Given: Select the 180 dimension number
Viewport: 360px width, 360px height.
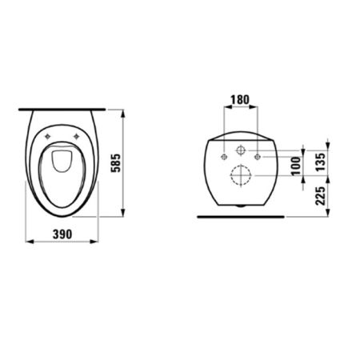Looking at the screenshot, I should click(238, 102).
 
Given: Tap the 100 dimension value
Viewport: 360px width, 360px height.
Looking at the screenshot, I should click(296, 166).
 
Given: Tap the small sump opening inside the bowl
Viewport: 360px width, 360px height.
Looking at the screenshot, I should click(62, 162).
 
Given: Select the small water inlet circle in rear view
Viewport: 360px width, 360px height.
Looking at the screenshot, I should click(239, 150).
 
